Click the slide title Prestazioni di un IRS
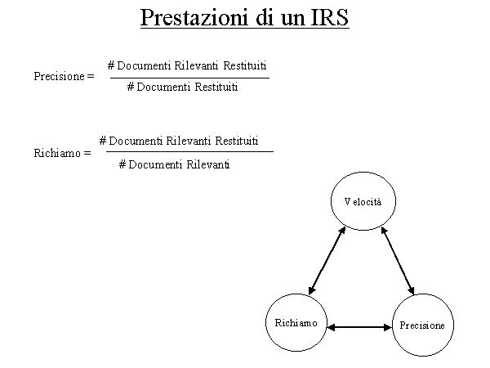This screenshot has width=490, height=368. tap(245, 18)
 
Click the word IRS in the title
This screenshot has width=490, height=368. tap(330, 18)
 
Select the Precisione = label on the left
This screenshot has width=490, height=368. tap(64, 76)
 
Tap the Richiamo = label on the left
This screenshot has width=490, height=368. tap(62, 152)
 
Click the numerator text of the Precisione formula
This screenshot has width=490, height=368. tap(187, 65)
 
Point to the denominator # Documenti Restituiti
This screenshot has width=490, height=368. tap(183, 87)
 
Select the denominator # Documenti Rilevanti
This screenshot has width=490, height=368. tap(174, 164)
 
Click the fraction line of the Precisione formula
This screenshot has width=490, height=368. tap(189, 78)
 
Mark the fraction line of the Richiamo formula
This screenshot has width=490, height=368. tap(189, 151)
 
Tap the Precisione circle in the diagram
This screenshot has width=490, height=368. tap(422, 325)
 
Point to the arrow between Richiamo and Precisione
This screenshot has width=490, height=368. tap(359, 327)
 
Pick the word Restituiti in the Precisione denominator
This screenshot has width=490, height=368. tap(216, 87)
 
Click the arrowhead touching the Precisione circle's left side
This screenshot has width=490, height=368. tap(388, 327)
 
